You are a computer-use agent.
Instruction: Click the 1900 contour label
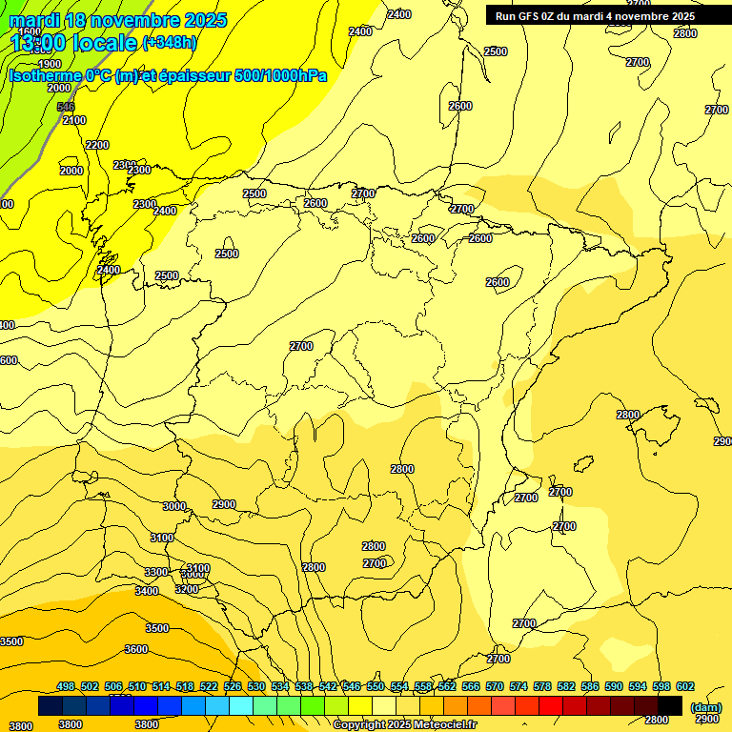(50, 64)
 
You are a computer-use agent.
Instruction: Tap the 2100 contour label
(73, 120)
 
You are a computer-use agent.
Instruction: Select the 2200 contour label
(97, 145)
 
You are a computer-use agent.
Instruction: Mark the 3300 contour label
(156, 572)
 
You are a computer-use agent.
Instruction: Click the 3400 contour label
(147, 591)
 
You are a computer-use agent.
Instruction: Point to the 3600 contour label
(136, 649)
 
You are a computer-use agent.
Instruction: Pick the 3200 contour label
(187, 589)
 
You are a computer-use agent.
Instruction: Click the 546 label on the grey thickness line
(65, 107)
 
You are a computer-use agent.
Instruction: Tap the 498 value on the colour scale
(66, 686)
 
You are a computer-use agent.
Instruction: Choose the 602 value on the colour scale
(685, 686)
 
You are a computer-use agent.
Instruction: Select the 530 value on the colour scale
(256, 686)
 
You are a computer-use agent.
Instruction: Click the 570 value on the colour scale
(495, 686)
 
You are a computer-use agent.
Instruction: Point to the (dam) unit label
(705, 707)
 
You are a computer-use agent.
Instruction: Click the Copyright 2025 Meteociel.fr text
(404, 725)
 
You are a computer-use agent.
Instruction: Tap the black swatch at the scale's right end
(670, 705)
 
